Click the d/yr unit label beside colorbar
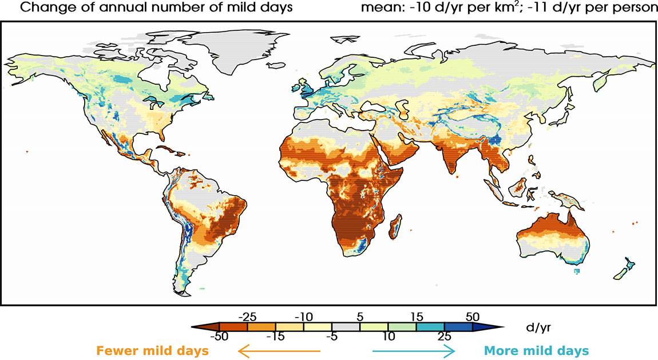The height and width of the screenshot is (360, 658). [538, 327]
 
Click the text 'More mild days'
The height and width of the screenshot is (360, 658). [536, 350]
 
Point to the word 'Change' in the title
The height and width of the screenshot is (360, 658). [40, 8]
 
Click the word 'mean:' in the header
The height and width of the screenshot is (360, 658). [377, 8]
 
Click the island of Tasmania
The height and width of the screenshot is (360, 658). [582, 271]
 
